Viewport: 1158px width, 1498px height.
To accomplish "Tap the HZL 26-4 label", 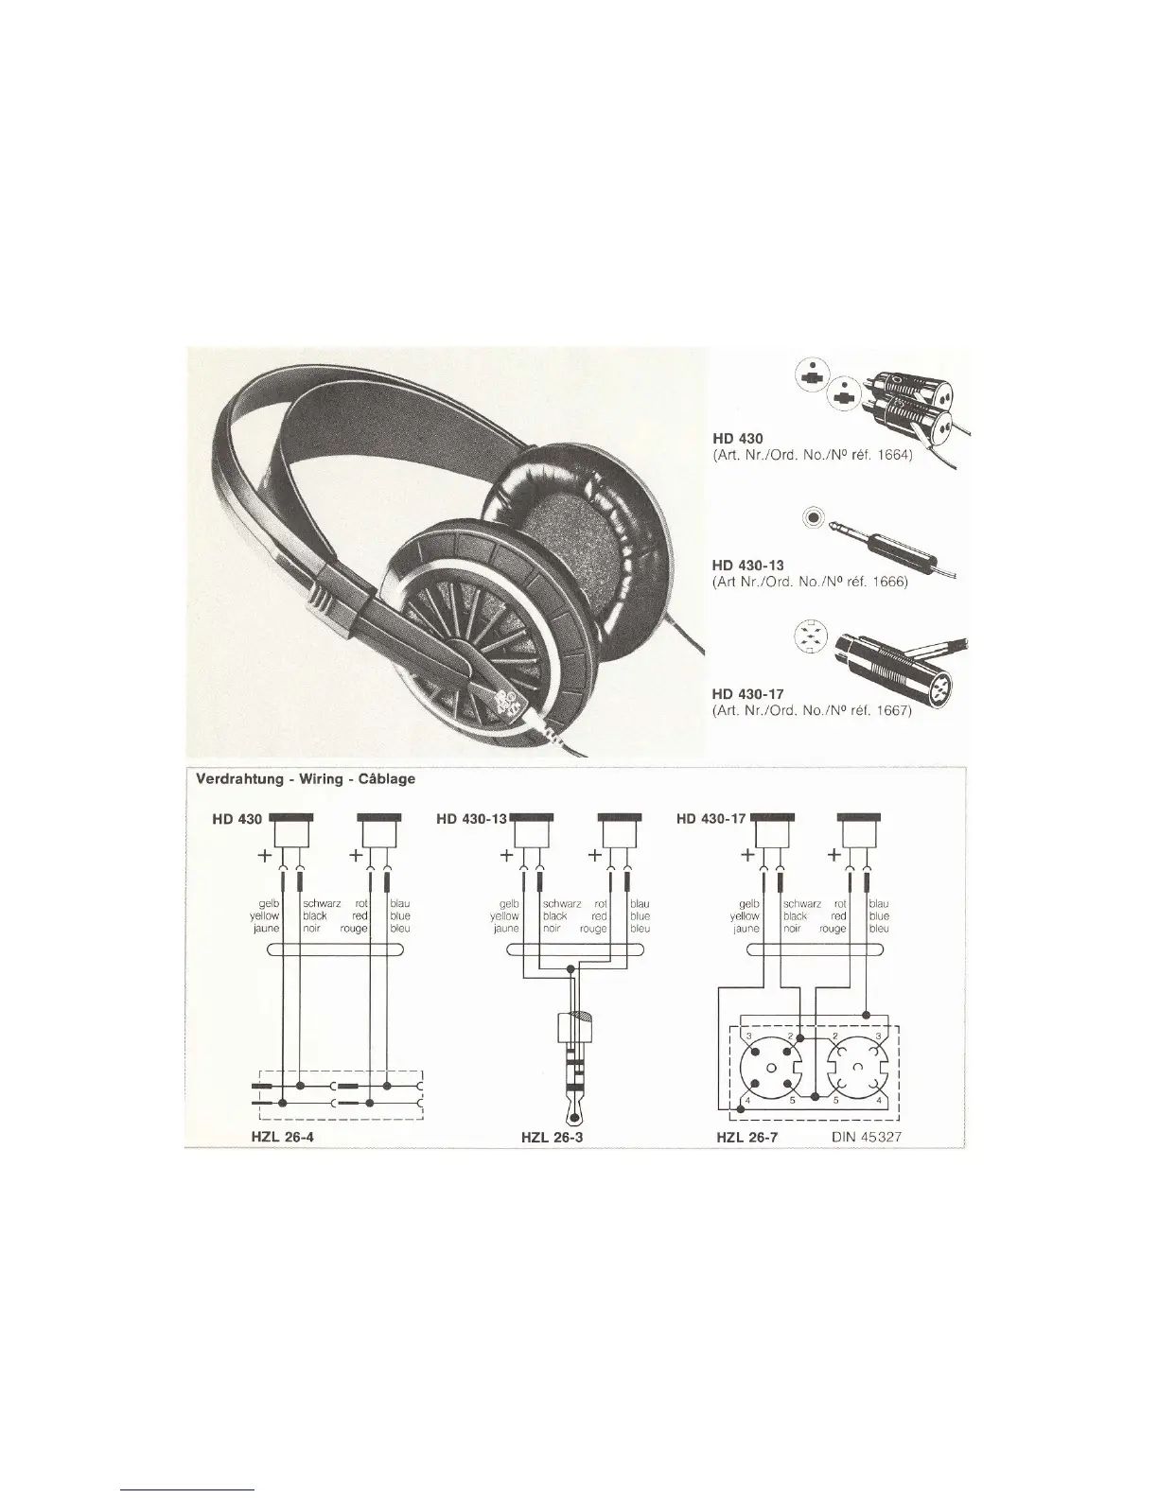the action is pyautogui.click(x=282, y=1137).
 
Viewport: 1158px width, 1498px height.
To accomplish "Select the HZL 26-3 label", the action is pyautogui.click(x=554, y=1137).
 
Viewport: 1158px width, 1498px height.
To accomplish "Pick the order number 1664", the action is pyautogui.click(x=889, y=454).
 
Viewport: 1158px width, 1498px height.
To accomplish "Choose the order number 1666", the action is pyautogui.click(x=886, y=583).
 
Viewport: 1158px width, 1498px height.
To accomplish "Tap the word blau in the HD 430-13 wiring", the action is pyautogui.click(x=640, y=904).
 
